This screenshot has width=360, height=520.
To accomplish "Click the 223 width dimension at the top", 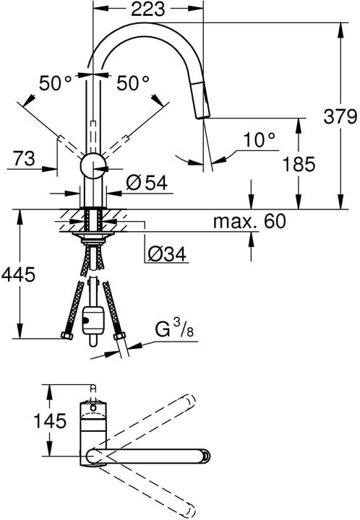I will (148, 9).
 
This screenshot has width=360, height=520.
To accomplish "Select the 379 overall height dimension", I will (340, 116).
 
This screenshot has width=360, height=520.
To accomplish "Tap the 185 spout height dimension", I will (299, 164).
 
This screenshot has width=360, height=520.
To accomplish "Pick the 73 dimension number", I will (22, 157).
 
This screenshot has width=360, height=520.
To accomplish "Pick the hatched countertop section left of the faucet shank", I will (72, 217).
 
